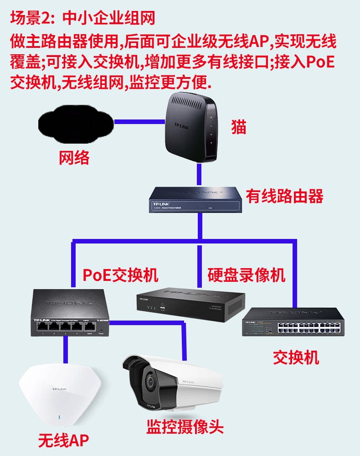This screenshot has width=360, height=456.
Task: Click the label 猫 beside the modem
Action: pyautogui.click(x=238, y=127)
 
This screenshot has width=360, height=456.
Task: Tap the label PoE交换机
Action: pyautogui.click(x=120, y=275)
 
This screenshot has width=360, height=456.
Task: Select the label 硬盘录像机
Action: pyautogui.click(x=247, y=275)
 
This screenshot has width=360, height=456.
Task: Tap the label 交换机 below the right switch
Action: pyautogui.click(x=296, y=358)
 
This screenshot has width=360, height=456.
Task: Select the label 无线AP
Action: pyautogui.click(x=63, y=440)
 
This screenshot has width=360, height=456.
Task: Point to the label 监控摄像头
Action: pyautogui.click(x=185, y=427)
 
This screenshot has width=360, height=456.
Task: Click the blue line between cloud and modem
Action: pyautogui.click(x=139, y=122)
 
